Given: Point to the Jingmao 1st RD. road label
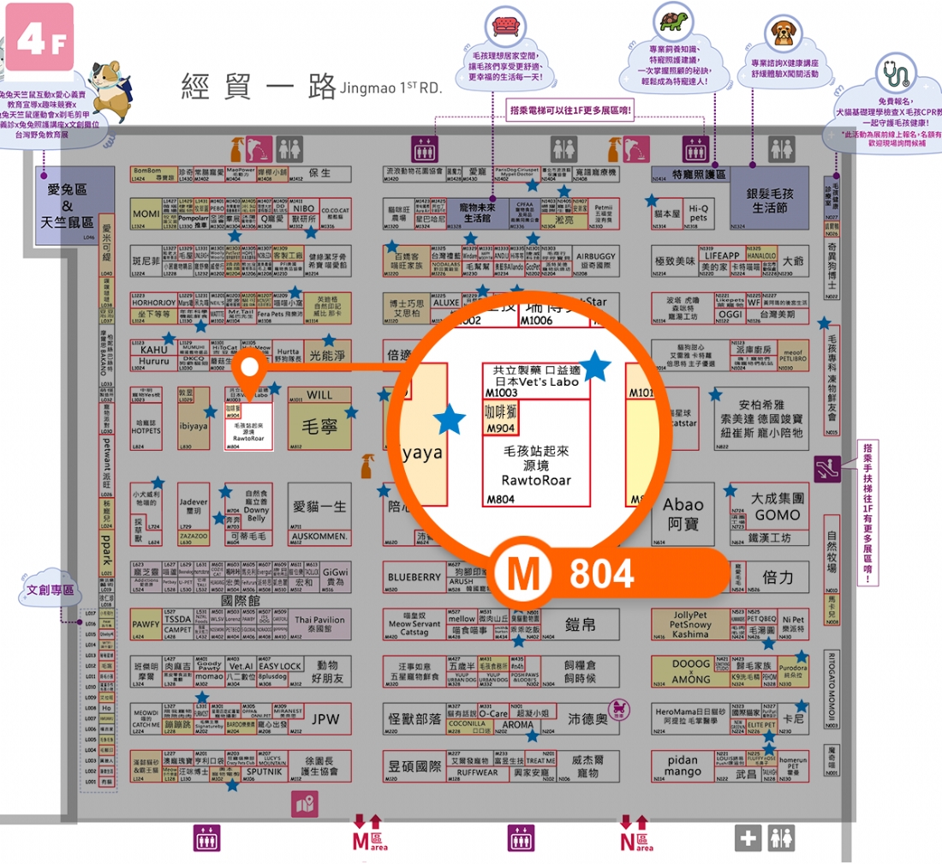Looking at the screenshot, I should click(312, 87).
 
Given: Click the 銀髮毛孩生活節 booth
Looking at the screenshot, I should click(769, 201).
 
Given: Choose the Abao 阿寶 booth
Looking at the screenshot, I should click(683, 513).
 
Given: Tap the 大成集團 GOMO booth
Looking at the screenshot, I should click(776, 507).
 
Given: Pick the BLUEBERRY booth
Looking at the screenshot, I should click(414, 578).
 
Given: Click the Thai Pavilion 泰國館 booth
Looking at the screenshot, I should click(319, 625).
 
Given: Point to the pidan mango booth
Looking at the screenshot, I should click(683, 765).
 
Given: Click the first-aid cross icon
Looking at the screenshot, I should click(748, 838).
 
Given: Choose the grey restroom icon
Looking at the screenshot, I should click(781, 838).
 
